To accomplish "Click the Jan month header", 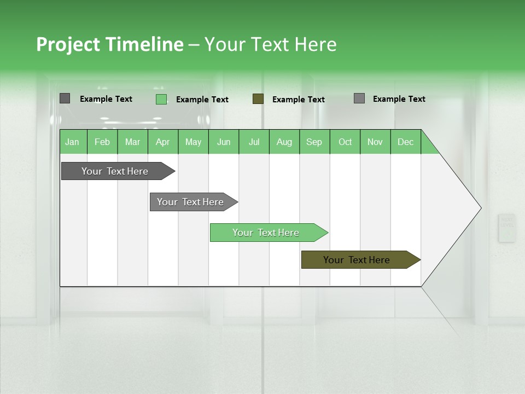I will click(x=72, y=142).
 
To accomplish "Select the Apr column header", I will click(x=162, y=142).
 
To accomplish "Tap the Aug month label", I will click(x=284, y=142).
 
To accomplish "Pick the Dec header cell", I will click(x=405, y=142).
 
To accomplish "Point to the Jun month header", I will click(x=223, y=142).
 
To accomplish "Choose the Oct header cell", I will click(x=345, y=142).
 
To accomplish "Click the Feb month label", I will click(x=102, y=142).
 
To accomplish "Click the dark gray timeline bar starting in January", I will click(x=115, y=171).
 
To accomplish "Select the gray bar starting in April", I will click(x=190, y=202).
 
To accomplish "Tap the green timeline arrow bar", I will click(x=266, y=233).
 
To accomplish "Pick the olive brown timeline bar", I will click(x=357, y=260).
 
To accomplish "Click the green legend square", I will click(x=161, y=99).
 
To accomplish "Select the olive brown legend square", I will click(x=258, y=99).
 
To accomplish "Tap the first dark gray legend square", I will click(x=65, y=99).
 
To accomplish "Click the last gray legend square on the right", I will click(x=359, y=99).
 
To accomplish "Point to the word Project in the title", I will click(x=67, y=44).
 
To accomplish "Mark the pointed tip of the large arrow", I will click(x=480, y=208).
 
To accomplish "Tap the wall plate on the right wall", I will click(x=507, y=228).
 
